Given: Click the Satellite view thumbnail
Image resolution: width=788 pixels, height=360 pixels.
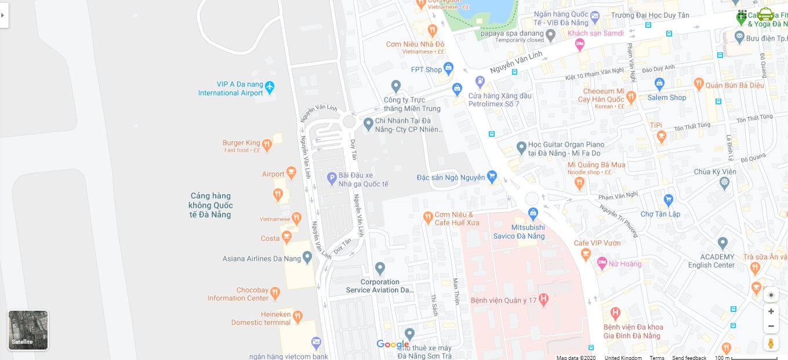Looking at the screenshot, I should (x=28, y=330).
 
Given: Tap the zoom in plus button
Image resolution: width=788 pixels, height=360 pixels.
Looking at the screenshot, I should (x=771, y=311).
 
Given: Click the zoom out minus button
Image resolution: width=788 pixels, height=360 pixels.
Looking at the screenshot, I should (x=771, y=326).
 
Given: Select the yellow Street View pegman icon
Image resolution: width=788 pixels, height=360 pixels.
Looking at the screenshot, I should (x=771, y=343).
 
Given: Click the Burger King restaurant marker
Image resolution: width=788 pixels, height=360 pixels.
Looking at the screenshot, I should (x=267, y=144).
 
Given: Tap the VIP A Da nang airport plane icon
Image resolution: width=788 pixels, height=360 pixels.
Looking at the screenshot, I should (x=269, y=88).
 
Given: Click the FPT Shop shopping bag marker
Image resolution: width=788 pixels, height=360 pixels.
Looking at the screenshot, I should (x=448, y=69).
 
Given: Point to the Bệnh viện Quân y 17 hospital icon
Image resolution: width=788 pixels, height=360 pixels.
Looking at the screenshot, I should (x=543, y=300).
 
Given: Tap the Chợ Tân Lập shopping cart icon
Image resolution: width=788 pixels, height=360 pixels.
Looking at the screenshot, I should (x=669, y=200).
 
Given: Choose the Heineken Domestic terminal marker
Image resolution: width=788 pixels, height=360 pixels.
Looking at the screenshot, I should (x=297, y=317).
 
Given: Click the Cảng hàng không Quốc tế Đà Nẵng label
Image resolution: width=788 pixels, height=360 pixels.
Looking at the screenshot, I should (x=210, y=205).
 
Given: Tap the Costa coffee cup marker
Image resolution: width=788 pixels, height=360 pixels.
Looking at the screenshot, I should (x=286, y=237).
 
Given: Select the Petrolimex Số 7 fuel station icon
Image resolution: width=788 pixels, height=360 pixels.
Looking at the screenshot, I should (x=480, y=82).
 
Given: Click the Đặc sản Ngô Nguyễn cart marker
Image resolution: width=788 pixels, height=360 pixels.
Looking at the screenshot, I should (x=492, y=176).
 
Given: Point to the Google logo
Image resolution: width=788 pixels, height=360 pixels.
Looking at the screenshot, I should (x=393, y=344).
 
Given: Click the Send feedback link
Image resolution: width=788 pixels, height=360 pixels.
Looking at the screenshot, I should (x=689, y=358).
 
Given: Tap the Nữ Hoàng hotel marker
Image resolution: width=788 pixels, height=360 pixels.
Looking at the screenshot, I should (x=602, y=263).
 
